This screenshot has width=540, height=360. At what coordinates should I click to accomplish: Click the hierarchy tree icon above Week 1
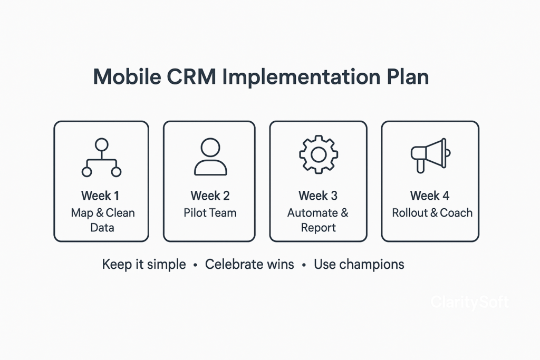101,157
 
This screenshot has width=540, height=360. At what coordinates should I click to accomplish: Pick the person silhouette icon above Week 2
210,157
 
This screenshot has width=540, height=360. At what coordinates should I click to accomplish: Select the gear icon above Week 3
319,154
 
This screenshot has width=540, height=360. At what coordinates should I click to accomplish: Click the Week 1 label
100,196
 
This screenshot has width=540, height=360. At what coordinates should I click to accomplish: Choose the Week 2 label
210,196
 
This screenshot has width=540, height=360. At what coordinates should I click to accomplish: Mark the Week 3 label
318,196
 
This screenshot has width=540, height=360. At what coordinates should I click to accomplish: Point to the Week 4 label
430,196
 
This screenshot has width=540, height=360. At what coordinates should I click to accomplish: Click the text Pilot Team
210,213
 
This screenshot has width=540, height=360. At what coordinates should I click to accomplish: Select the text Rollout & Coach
432,213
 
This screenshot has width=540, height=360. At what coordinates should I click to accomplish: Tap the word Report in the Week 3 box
319,228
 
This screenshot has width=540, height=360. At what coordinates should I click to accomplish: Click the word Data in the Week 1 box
102,228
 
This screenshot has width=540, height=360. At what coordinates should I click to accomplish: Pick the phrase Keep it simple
144,264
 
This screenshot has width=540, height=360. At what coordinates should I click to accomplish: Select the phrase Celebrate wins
249,264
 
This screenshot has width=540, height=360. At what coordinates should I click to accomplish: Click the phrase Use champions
359,264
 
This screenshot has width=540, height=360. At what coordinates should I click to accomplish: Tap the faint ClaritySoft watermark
470,302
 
